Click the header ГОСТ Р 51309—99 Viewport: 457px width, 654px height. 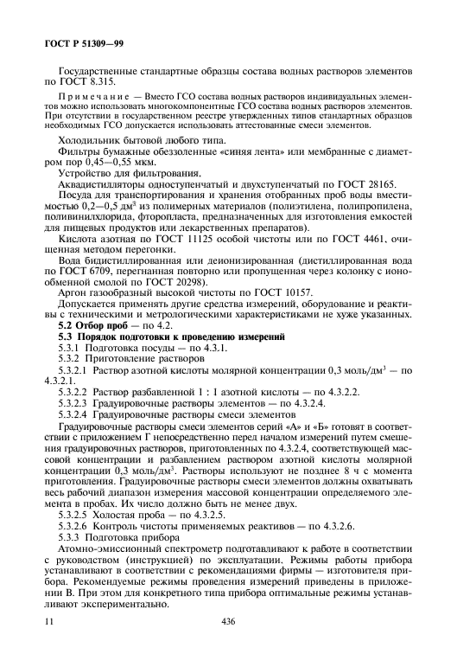click(x=73, y=42)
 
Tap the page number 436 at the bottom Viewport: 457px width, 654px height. click(x=228, y=621)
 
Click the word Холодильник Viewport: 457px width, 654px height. click(x=89, y=140)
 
